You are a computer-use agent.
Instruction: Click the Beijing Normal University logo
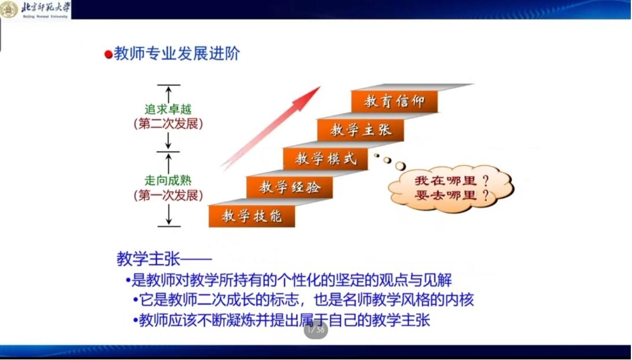coord(35,9)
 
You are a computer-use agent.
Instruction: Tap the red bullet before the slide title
coord(108,54)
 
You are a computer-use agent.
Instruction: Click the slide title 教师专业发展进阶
coord(176,53)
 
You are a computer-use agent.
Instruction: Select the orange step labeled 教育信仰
coord(394,102)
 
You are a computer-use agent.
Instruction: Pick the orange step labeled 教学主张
coord(360,130)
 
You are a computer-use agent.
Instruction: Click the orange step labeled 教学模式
coord(326,159)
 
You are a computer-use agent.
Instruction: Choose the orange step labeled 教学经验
coord(290,187)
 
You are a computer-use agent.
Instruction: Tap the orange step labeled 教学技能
coord(252,216)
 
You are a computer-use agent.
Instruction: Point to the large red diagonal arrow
coord(271,128)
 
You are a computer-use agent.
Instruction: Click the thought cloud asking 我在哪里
coord(450,188)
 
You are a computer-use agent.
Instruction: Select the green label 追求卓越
coord(168,109)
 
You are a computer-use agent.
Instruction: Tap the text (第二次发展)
coord(168,124)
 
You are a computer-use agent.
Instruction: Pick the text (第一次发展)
coord(168,195)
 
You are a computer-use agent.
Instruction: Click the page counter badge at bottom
coord(316,330)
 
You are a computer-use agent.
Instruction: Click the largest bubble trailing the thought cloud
coord(400,165)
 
